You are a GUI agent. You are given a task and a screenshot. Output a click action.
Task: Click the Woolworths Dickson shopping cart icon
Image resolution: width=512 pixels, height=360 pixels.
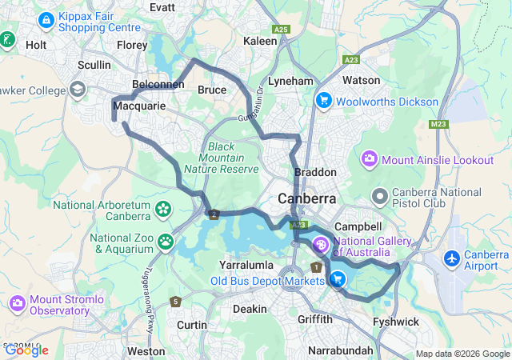click(x=323, y=102)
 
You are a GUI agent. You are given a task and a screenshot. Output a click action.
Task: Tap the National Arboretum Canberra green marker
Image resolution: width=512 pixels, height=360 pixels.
click(x=163, y=210)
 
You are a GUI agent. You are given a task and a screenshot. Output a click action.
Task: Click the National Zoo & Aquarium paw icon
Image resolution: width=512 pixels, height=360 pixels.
click(x=166, y=241)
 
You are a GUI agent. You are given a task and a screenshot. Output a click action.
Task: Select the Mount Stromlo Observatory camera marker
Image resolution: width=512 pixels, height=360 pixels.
click(x=18, y=303)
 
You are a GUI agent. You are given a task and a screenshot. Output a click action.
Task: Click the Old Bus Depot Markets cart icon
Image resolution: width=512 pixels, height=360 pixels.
click(x=338, y=279)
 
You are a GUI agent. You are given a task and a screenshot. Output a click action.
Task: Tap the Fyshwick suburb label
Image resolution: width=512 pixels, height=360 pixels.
click(x=395, y=322)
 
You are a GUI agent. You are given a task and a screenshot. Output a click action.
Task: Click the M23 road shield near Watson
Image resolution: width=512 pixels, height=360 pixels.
click(x=438, y=124)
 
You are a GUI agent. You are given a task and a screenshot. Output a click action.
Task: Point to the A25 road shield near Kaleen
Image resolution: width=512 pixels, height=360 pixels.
click(x=280, y=29)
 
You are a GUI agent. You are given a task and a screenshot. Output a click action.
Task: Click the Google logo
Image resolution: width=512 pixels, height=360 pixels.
click(x=26, y=350)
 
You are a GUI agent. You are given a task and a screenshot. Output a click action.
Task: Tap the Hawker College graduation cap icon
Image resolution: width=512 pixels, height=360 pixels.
click(x=78, y=89)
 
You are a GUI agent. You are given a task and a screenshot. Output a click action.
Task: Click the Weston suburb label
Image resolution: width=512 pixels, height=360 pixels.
click(x=146, y=350)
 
